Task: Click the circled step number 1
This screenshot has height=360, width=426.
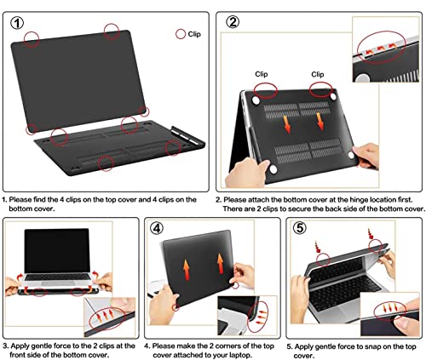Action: [x=17, y=23]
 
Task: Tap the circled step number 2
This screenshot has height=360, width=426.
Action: [x=233, y=22]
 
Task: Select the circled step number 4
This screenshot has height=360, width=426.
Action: [x=157, y=228]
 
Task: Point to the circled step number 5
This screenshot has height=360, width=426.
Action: [x=300, y=228]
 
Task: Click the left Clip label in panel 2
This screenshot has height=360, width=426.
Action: [x=262, y=74]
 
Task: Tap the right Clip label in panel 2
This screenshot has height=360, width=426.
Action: [x=318, y=74]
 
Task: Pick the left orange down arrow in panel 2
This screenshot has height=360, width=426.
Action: [x=287, y=124]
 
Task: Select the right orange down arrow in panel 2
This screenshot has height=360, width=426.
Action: [x=320, y=122]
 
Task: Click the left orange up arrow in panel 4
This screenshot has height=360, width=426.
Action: [x=187, y=270]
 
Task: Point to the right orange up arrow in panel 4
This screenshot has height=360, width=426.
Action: [x=221, y=264]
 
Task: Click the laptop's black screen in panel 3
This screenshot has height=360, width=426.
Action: [x=57, y=250]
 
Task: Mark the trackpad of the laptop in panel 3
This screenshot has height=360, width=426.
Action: [x=58, y=283]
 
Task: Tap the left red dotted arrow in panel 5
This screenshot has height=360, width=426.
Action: [x=317, y=247]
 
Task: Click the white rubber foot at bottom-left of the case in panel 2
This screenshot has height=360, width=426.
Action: [x=273, y=169]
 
